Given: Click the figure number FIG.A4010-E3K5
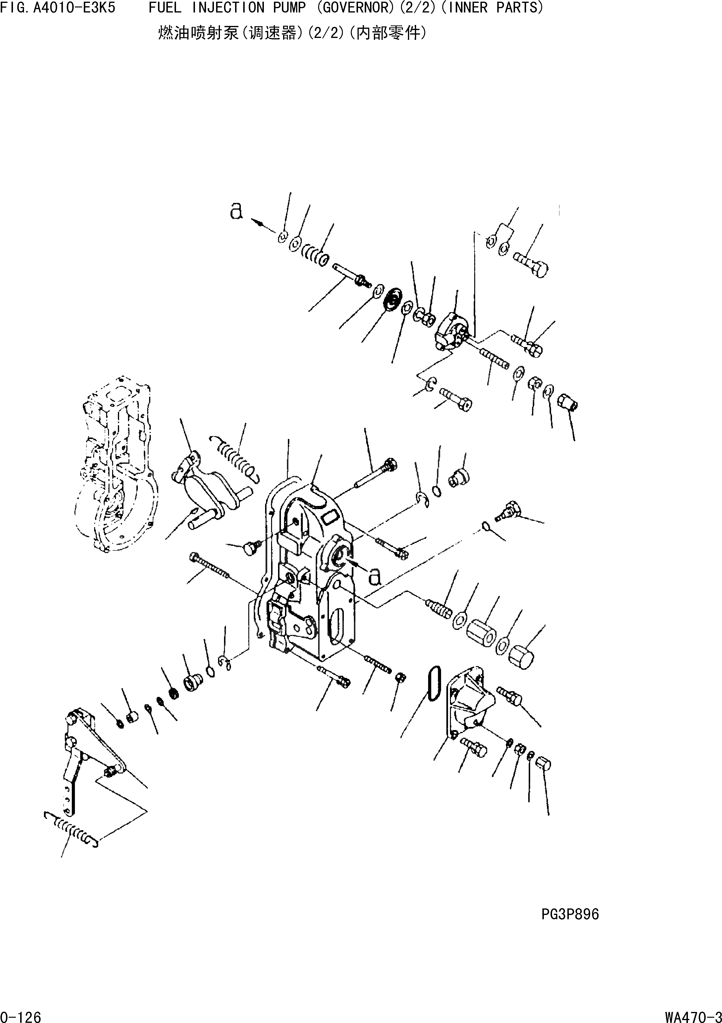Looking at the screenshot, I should (x=58, y=8).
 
